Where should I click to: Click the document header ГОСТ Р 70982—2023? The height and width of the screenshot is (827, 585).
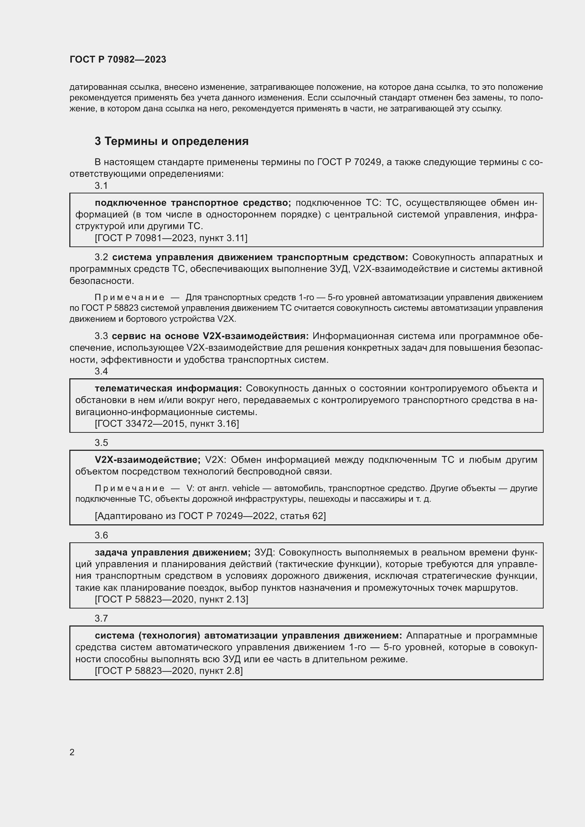click(x=118, y=59)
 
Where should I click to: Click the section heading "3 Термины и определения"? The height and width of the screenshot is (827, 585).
click(x=172, y=141)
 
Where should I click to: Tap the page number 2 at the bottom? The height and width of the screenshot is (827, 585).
click(x=72, y=752)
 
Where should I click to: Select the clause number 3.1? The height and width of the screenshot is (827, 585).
click(x=101, y=186)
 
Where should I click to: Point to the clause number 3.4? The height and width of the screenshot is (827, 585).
click(x=101, y=371)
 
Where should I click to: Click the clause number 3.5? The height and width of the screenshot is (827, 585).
click(x=101, y=443)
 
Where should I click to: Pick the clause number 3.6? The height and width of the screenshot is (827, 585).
click(x=101, y=535)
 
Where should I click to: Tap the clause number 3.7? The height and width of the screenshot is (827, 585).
click(x=101, y=618)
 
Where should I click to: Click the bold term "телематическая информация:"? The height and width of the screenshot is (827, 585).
click(x=168, y=388)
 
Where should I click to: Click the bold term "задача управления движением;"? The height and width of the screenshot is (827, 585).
click(x=173, y=552)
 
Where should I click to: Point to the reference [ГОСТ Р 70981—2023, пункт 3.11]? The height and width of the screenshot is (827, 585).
click(x=171, y=238)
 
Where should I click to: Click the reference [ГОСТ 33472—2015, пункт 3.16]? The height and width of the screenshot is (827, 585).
click(x=167, y=424)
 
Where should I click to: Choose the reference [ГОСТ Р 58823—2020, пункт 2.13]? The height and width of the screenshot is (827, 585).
click(x=172, y=599)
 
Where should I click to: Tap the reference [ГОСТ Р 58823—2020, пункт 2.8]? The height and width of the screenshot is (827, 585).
click(x=169, y=671)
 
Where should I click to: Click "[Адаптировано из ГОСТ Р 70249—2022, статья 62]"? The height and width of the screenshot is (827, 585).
click(x=210, y=516)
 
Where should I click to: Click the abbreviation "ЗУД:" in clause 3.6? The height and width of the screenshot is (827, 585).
click(x=265, y=552)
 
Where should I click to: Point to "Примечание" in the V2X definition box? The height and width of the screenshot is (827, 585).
click(x=130, y=488)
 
